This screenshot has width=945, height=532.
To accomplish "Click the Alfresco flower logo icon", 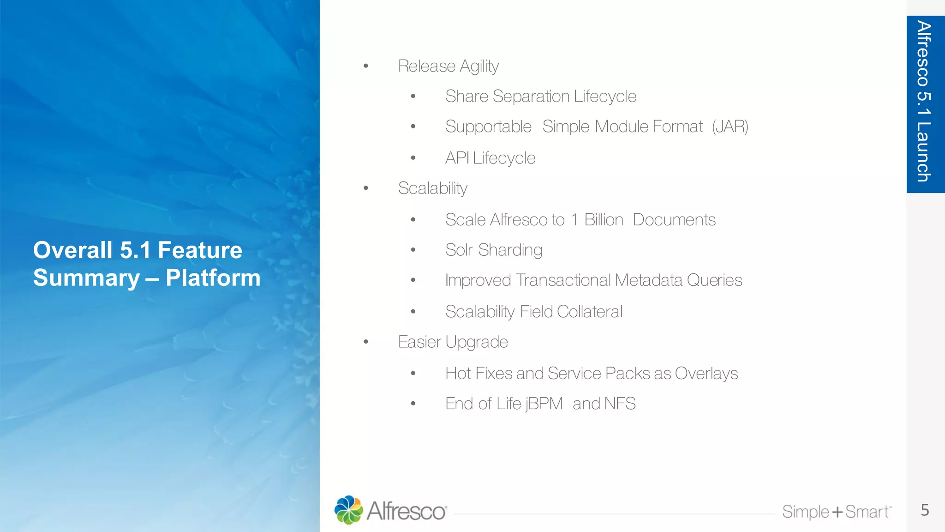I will click(348, 510).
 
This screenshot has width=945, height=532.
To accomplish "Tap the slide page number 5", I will click(925, 510).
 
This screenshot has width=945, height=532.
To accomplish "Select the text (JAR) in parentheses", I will click(730, 127).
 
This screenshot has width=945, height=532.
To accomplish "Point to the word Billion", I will click(604, 220).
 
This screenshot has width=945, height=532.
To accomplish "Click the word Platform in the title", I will click(213, 278).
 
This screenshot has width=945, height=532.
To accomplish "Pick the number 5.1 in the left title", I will click(135, 250).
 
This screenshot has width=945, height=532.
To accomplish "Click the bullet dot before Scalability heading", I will click(366, 188).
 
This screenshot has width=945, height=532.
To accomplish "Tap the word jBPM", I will click(544, 404).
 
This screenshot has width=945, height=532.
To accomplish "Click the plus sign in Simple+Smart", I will click(837, 512).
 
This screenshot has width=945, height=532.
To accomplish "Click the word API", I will click(457, 158).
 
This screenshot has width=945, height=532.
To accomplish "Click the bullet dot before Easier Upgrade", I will click(366, 342).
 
